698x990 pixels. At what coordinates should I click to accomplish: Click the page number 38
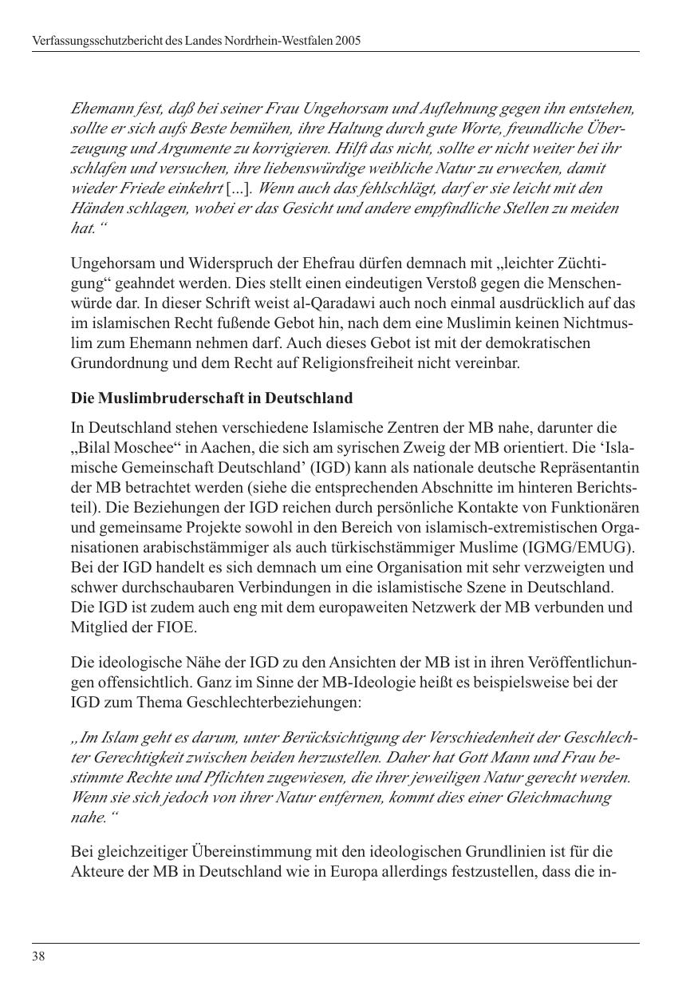tap(38, 956)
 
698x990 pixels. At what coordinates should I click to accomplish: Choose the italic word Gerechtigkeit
tap(137, 757)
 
